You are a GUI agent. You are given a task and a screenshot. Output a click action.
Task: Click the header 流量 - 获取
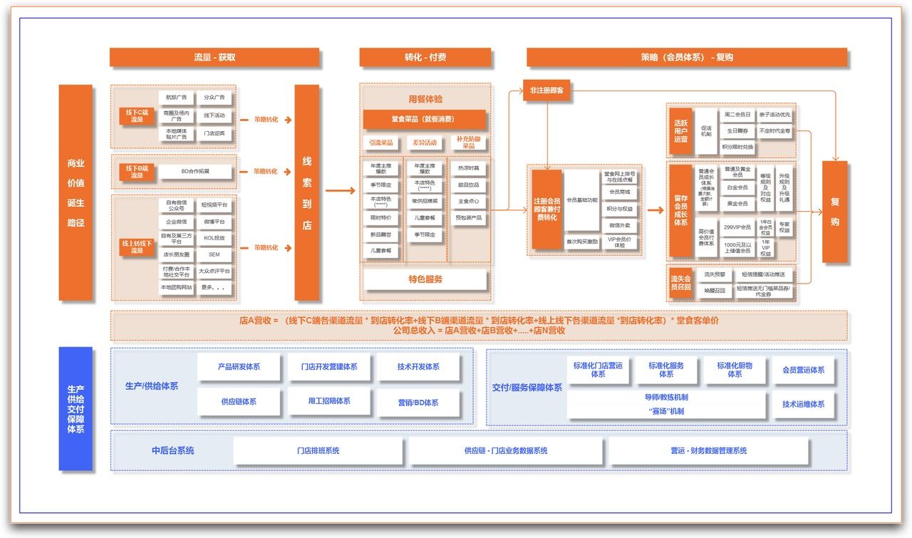pyautogui.click(x=214, y=57)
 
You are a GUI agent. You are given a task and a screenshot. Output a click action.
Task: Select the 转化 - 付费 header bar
pyautogui.click(x=425, y=57)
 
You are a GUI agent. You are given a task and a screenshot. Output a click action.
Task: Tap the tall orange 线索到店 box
pyautogui.click(x=307, y=192)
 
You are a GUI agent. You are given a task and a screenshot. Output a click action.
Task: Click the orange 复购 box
pyautogui.click(x=834, y=212)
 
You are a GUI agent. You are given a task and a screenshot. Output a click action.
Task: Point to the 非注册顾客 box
pyautogui.click(x=547, y=90)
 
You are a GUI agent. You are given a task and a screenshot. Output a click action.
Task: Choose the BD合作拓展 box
pyautogui.click(x=195, y=172)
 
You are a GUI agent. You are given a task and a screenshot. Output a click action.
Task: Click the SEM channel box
pyautogui.click(x=214, y=254)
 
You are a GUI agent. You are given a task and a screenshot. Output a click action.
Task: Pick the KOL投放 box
pyautogui.click(x=214, y=238)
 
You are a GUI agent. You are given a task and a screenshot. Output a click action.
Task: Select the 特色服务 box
pyautogui.click(x=425, y=279)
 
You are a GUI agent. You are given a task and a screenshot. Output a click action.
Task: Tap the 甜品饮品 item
pyautogui.click(x=468, y=185)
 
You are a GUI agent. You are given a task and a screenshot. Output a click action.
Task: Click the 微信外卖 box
pyautogui.click(x=619, y=225)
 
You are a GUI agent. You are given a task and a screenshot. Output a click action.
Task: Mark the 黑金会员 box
pyautogui.click(x=737, y=204)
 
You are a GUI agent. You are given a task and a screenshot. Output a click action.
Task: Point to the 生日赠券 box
pyautogui.click(x=737, y=131)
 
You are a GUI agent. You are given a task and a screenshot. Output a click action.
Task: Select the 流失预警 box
pyautogui.click(x=715, y=274)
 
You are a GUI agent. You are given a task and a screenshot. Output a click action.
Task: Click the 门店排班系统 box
pyautogui.click(x=318, y=451)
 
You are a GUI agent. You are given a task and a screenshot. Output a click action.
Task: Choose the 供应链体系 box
pyautogui.click(x=239, y=402)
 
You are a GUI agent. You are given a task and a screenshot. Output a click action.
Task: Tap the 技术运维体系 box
pyautogui.click(x=803, y=405)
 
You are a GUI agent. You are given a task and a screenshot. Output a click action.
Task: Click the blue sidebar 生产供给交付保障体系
pyautogui.click(x=76, y=408)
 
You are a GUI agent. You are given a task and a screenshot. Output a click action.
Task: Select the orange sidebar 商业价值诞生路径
pyautogui.click(x=76, y=192)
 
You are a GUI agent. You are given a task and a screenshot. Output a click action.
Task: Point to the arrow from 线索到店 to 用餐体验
pyautogui.click(x=340, y=191)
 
